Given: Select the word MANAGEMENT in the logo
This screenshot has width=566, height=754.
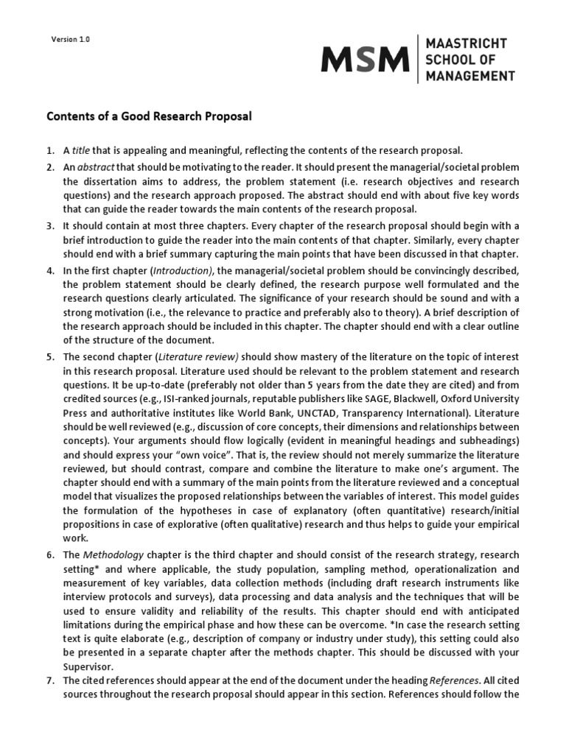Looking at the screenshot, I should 470,75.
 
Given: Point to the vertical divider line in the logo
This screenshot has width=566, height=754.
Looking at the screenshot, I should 417,58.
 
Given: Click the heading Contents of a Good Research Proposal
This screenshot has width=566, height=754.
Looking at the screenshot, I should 150,116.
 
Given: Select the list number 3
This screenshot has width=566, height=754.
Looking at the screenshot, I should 50,225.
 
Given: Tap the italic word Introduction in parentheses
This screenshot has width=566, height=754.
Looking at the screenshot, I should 182,270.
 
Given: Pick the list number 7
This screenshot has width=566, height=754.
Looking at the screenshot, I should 50,680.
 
